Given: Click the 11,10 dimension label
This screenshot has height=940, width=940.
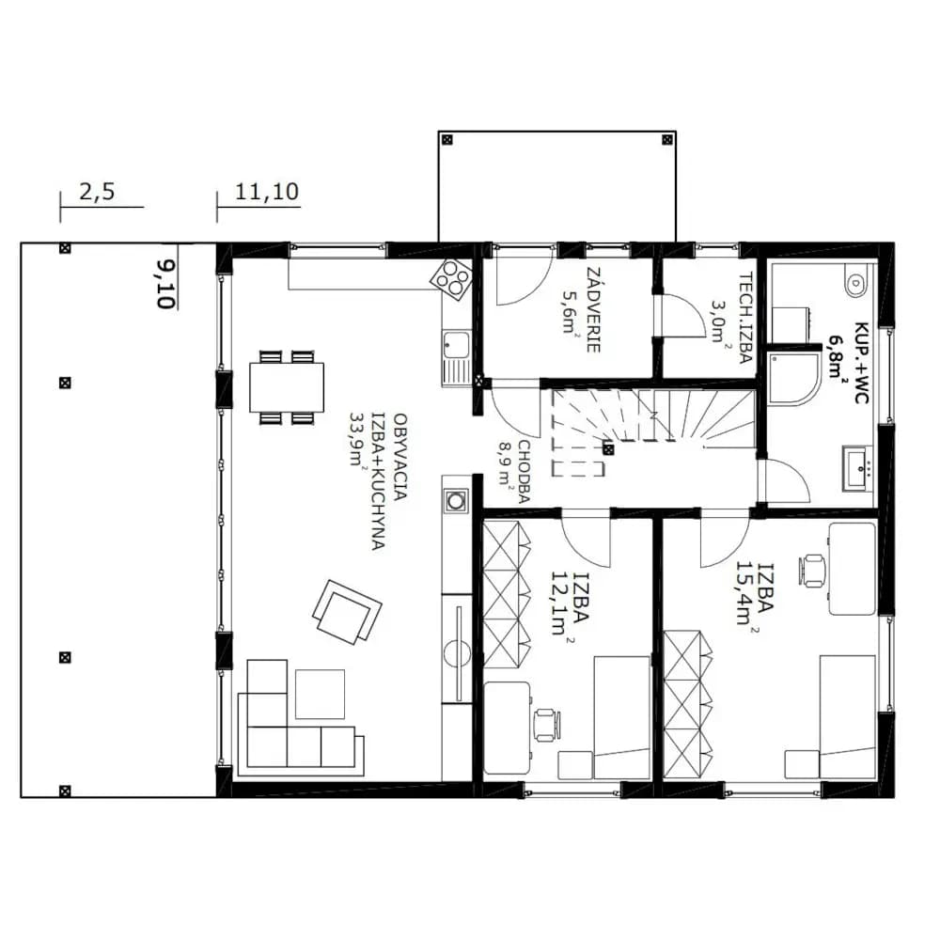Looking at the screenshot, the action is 267,192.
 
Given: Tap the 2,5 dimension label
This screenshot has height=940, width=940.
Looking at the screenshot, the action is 97,193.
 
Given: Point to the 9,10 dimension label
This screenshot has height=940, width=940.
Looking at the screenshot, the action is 164,284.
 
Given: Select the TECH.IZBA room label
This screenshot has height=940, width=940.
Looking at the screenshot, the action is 745,319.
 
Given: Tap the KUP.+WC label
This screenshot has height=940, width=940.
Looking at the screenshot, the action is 861,363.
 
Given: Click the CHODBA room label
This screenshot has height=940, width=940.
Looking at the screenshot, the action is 525,471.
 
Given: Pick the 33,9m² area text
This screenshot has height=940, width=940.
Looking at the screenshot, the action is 358,439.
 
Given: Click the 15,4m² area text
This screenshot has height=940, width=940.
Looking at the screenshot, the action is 746,593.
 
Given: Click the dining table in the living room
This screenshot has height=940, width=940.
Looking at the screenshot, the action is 287,387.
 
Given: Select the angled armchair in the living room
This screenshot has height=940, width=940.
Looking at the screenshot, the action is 347,612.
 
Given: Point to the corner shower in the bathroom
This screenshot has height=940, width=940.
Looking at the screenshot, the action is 792,379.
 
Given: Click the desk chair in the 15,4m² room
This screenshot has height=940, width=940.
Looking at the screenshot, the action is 813,570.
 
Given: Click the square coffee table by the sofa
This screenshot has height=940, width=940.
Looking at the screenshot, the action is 320,695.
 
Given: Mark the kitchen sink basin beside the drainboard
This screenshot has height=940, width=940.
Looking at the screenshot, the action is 456,345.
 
